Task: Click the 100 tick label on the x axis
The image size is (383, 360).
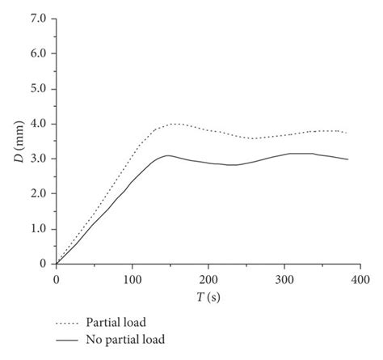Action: (132, 278)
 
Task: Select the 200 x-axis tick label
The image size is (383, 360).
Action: (208, 278)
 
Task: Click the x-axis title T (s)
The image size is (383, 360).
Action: (208, 296)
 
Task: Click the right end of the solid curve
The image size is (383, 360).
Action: (348, 159)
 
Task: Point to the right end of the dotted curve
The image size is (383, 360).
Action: (348, 133)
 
